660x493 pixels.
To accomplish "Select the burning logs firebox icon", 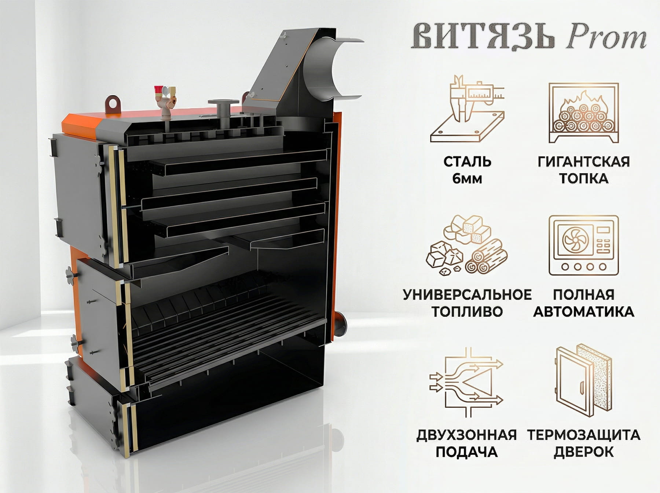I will point(583,113).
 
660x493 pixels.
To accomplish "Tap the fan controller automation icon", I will point(583,245).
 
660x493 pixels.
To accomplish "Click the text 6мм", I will point(467,179).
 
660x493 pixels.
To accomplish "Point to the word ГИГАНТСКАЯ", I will point(583,161).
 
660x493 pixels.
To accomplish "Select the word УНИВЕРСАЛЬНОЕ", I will point(467,295).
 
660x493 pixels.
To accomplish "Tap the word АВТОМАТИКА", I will point(583,312).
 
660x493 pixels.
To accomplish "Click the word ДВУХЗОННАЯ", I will point(467,435).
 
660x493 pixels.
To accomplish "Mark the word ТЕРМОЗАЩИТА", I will point(583,435).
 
